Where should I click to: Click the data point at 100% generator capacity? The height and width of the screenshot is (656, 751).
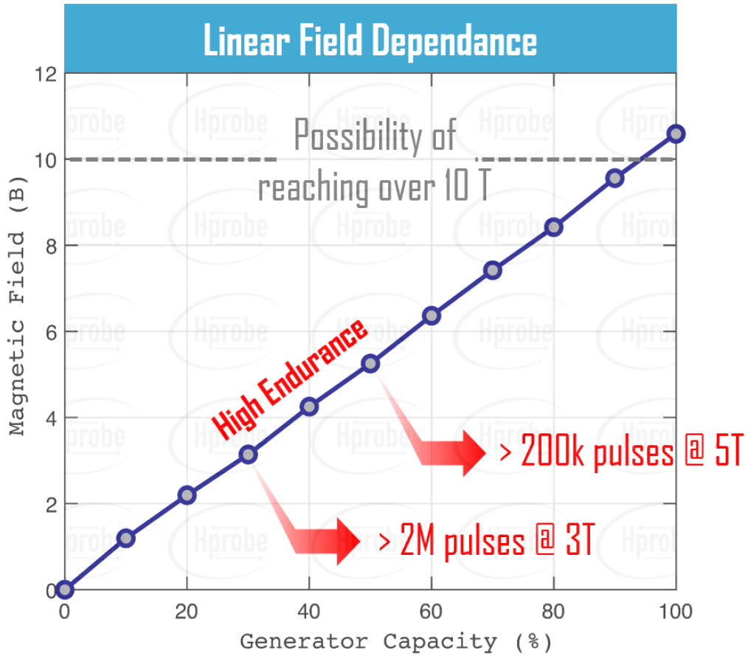click(x=676, y=134)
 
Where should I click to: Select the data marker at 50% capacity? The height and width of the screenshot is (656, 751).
click(x=370, y=363)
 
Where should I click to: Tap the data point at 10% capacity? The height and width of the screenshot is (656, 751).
click(x=125, y=538)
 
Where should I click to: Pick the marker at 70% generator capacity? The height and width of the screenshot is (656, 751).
click(x=493, y=270)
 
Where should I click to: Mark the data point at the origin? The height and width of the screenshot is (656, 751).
click(x=65, y=589)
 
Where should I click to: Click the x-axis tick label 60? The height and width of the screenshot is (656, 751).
click(x=432, y=612)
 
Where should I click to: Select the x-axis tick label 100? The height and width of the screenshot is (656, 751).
click(x=676, y=612)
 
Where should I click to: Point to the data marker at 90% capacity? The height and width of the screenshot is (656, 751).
click(x=615, y=178)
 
